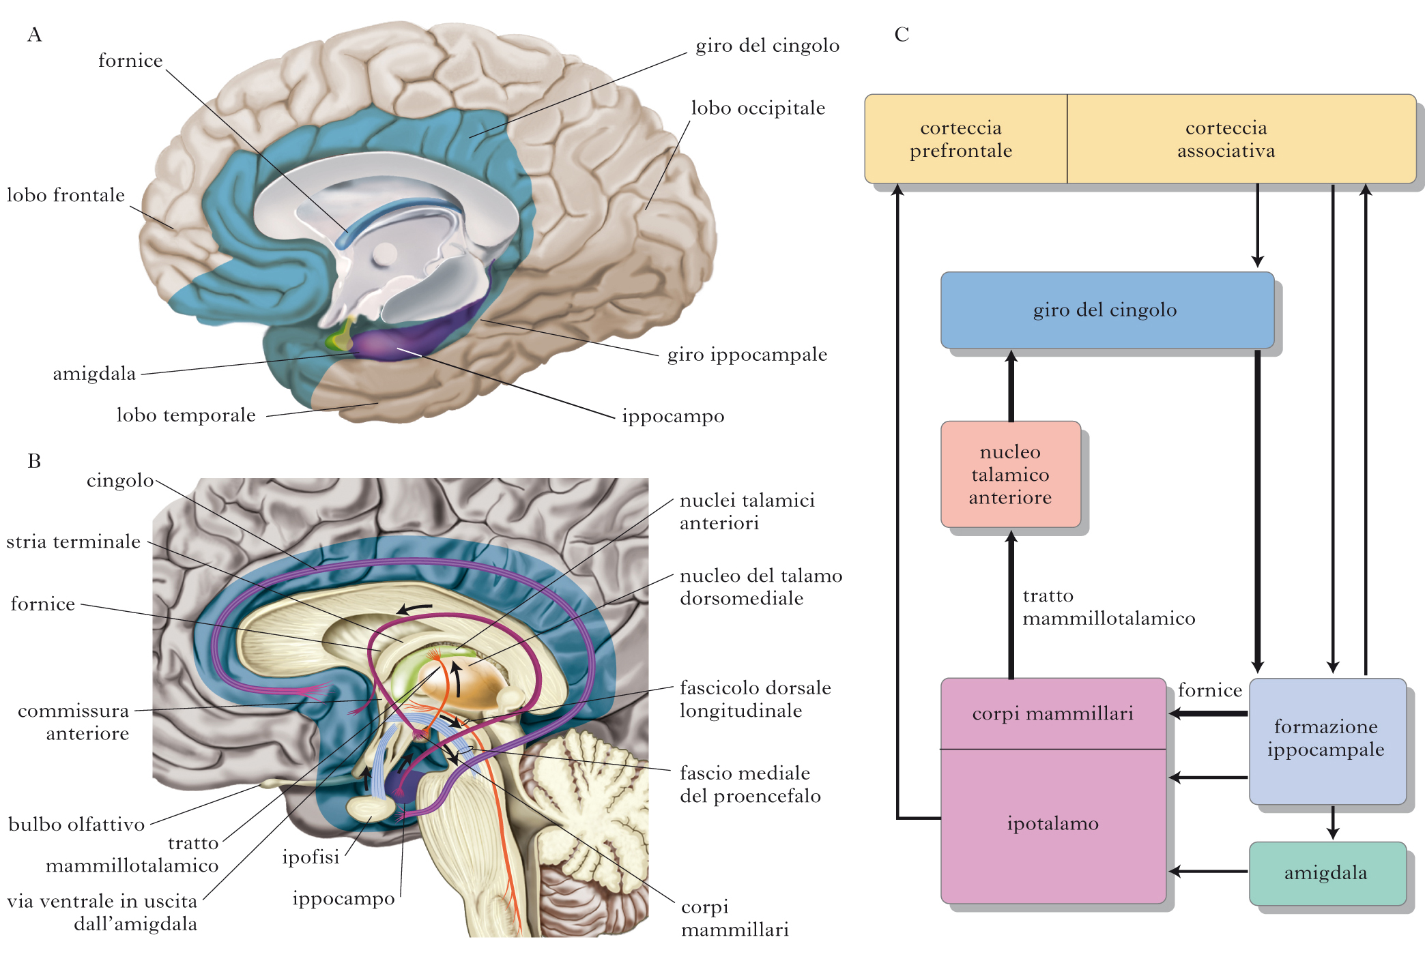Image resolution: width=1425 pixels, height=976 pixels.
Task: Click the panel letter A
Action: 35,35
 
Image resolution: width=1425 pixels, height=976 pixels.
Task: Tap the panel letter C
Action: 902,35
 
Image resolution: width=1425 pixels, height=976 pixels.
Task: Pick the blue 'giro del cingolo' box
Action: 1106,310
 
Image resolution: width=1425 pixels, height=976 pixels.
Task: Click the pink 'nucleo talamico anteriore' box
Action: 1010,475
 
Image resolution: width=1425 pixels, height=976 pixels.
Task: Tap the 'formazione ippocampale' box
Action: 1326,739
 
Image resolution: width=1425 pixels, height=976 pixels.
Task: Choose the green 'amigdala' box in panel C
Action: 1326,873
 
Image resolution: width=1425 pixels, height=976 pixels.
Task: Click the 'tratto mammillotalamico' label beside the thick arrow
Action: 1108,608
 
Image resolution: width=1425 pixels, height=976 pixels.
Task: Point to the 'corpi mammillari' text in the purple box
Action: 1052,714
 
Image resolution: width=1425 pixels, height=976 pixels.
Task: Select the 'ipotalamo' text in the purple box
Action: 1052,824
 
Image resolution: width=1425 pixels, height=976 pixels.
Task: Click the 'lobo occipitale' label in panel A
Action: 758,108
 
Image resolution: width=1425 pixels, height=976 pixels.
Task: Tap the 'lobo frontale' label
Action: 66,196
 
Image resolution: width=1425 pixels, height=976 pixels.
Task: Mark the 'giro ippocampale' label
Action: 747,355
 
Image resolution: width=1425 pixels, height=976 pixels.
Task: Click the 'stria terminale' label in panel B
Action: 74,542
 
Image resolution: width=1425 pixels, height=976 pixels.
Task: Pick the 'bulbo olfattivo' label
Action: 76,825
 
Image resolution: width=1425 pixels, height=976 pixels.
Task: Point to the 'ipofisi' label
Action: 311,857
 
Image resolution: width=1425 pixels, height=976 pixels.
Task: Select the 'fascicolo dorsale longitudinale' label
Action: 754,699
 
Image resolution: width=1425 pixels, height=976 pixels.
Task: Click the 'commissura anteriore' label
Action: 74,722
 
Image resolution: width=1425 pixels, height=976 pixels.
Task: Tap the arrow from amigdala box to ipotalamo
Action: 1208,871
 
